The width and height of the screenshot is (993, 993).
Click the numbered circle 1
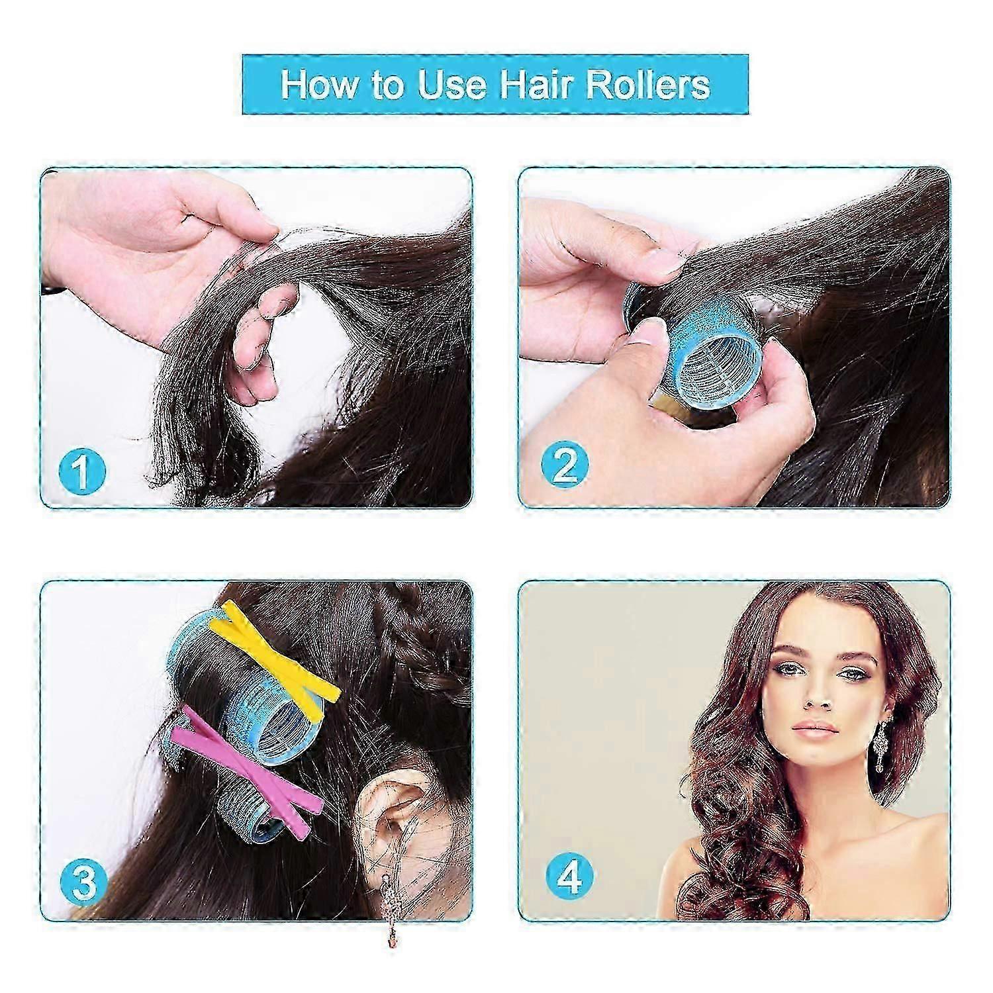[82, 470]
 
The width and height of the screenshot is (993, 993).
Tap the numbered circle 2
[565, 465]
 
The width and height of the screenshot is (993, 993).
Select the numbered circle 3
[83, 882]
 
